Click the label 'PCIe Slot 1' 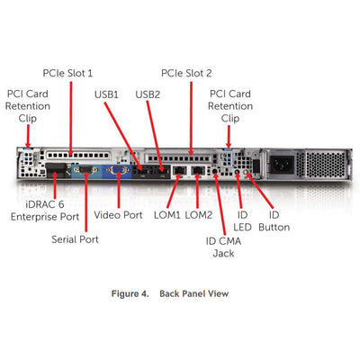(x=67, y=72)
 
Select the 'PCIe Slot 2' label (x=186, y=72)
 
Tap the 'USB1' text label (x=105, y=93)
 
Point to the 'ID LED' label (x=242, y=222)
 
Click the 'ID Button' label (x=274, y=222)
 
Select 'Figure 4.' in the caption (x=131, y=294)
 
